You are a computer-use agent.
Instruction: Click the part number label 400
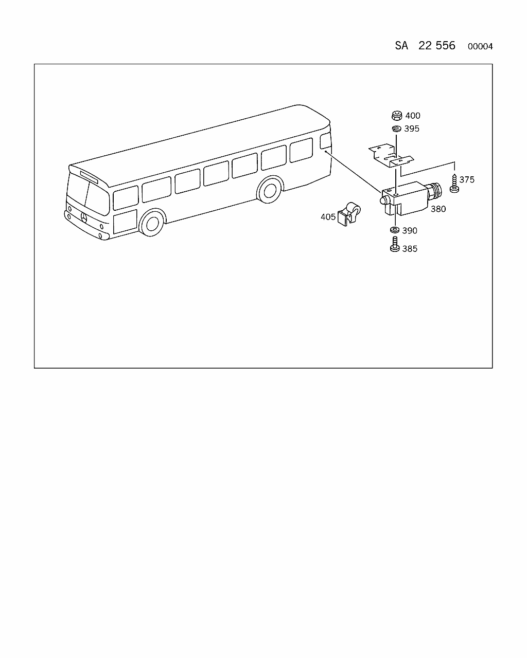(412, 116)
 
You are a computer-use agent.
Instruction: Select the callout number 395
(412, 129)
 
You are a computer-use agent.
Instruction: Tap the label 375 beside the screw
(467, 179)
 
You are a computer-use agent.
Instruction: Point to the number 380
(438, 209)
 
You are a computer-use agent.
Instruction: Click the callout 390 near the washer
(410, 230)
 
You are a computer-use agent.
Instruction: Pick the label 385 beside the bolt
(410, 249)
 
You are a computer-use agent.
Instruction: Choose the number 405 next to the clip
(328, 217)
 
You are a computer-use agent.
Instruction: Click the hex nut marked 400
(397, 116)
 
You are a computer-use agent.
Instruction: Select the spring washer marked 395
(397, 129)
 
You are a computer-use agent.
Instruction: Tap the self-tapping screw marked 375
(454, 183)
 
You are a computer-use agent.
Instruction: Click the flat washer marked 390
(395, 230)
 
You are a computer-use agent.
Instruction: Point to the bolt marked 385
(395, 244)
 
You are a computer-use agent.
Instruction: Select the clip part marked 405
(349, 214)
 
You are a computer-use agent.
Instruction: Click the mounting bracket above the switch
(391, 156)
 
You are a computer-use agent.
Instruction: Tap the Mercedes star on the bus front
(83, 217)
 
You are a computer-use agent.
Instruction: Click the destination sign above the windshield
(89, 177)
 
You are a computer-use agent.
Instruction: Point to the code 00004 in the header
(480, 46)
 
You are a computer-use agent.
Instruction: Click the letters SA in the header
(401, 46)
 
